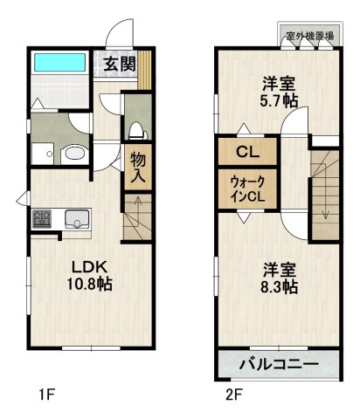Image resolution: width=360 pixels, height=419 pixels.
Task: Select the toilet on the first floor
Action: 135,131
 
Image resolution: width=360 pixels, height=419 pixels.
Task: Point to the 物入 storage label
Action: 138,167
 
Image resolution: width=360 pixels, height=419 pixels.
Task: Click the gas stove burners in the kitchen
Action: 42,219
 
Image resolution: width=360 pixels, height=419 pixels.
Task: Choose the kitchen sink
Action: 76,219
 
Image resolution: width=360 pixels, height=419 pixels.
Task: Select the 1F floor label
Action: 46,394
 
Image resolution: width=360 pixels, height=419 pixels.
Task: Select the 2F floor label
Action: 233,394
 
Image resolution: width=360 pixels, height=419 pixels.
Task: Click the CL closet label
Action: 246,151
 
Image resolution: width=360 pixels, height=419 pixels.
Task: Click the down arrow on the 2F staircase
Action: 323,209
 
